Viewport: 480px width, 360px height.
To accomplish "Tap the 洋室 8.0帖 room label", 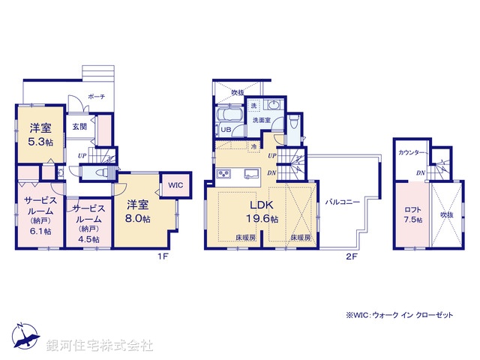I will pyautogui.click(x=138, y=210).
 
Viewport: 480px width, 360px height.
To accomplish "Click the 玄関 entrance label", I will pyautogui.click(x=79, y=127).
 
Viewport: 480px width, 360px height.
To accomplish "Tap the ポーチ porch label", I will pyautogui.click(x=96, y=97).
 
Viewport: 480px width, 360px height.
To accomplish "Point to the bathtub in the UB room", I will pyautogui.click(x=227, y=115).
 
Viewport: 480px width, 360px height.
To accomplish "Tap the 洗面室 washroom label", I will pyautogui.click(x=260, y=120).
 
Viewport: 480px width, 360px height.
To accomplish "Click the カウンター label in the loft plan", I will pyautogui.click(x=412, y=152).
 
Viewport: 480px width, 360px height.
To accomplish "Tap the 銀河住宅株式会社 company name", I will pyautogui.click(x=99, y=346).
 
